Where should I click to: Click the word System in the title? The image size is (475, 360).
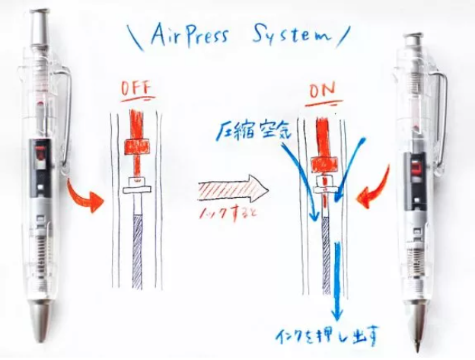290,36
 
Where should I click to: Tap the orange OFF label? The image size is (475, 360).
137,89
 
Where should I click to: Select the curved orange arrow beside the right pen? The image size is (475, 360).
372,195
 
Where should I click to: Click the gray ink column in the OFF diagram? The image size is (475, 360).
138,251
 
